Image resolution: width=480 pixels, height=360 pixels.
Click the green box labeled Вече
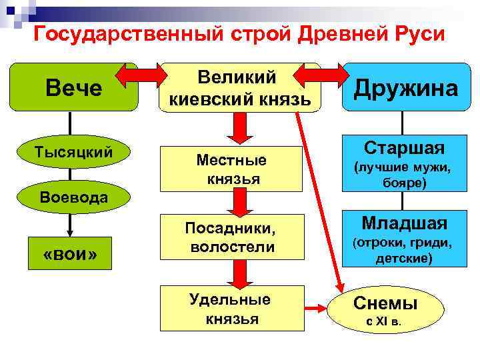pyautogui.click(x=73, y=88)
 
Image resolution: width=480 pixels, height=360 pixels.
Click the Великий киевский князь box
pyautogui.click(x=239, y=88)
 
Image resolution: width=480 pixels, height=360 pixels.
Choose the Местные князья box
pyautogui.click(x=231, y=169)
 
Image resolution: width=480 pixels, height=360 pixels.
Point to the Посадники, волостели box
pyautogui.click(x=231, y=238)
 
